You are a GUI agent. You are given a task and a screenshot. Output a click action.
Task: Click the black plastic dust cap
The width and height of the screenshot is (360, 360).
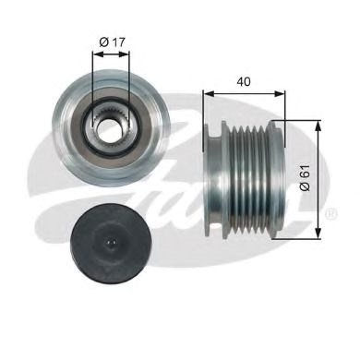coord(110,244)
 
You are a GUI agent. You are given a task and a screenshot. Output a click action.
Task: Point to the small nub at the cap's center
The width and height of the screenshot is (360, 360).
coord(110,245)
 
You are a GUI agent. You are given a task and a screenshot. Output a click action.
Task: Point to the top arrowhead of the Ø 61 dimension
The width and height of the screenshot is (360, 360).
coord(319,125)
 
